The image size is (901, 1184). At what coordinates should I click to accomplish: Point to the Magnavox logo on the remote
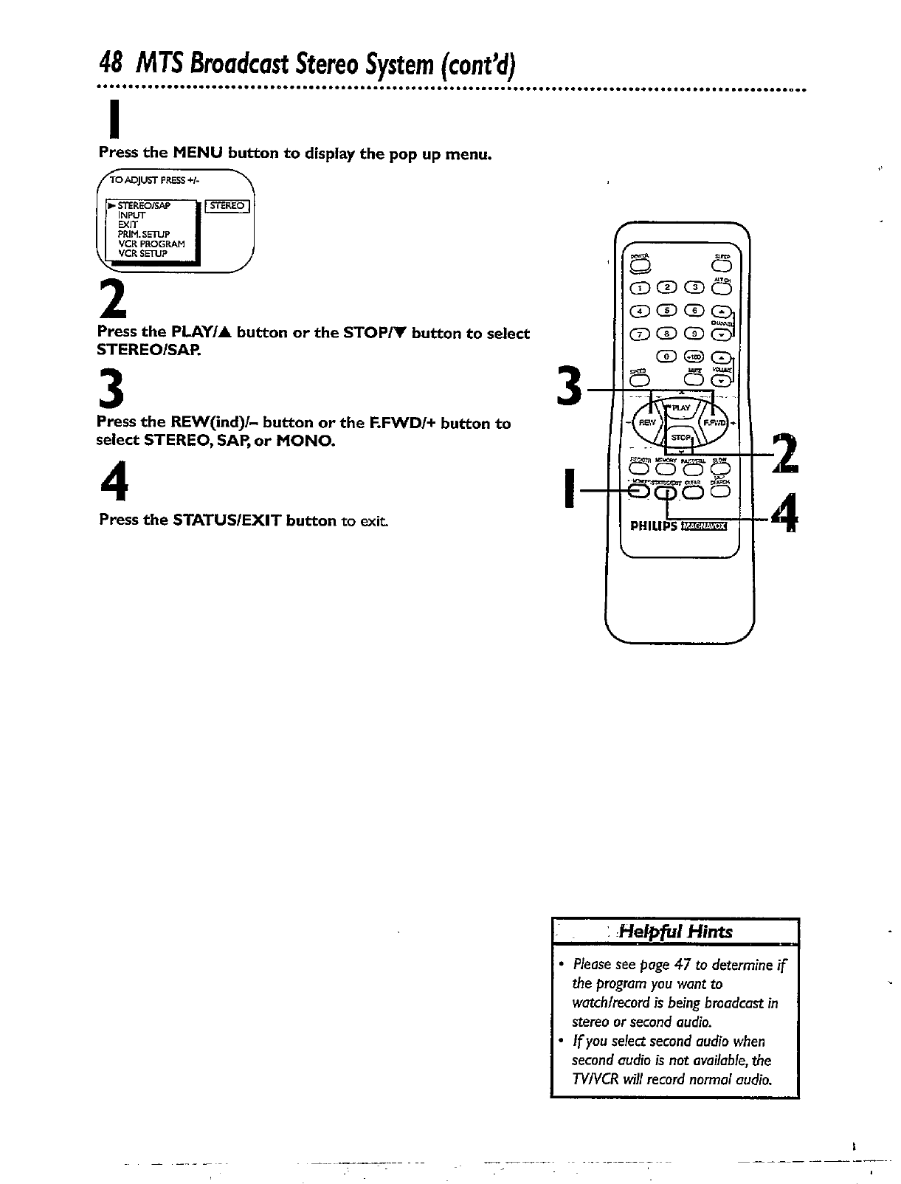coord(704,526)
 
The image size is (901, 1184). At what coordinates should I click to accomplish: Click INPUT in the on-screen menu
coord(131,215)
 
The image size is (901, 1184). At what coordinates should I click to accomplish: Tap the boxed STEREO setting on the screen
coord(227,206)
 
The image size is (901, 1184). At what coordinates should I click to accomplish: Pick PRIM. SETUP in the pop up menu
coord(144,234)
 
